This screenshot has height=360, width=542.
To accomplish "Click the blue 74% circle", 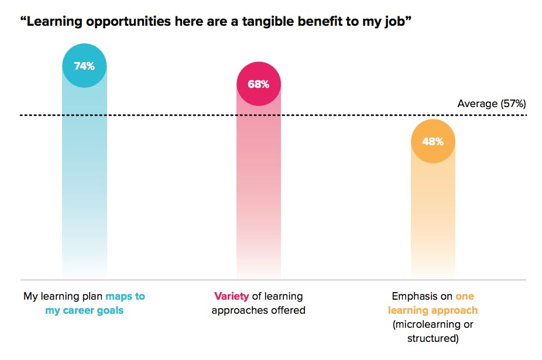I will (x=84, y=66).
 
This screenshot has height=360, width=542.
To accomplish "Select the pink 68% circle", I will (x=258, y=84).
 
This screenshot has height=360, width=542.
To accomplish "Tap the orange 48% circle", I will (x=433, y=142).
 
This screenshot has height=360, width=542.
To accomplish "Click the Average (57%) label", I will (x=491, y=104).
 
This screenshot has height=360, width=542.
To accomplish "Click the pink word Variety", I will (x=231, y=296).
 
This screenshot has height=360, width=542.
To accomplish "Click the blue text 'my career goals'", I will (x=84, y=310).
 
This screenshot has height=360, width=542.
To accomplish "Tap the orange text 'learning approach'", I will (x=433, y=310).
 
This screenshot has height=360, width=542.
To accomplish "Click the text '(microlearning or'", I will (x=433, y=324).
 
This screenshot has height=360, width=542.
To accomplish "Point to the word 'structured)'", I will (x=433, y=338).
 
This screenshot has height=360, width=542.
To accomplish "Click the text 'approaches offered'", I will (x=258, y=310).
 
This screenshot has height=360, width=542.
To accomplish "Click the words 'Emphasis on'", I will (x=421, y=296).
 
